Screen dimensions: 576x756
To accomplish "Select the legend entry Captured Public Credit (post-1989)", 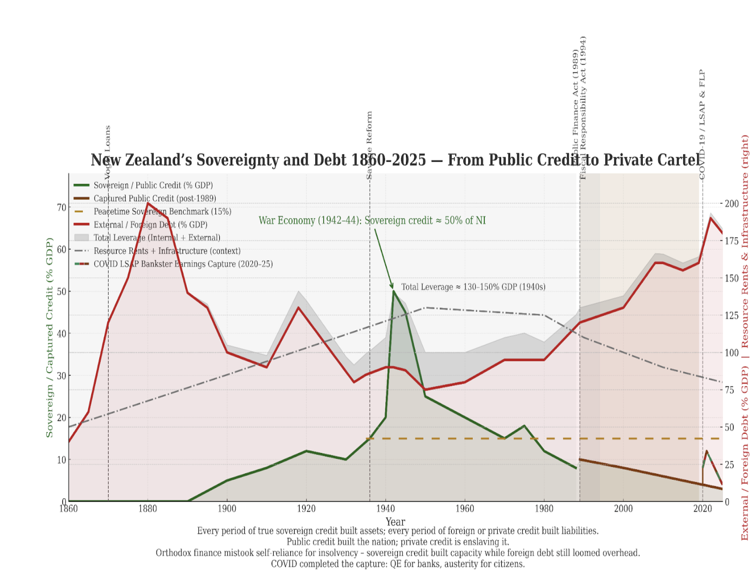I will point(155,198).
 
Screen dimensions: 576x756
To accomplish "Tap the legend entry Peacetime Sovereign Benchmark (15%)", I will point(162,211).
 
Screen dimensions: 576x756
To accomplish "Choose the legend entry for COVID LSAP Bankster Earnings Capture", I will point(183,264).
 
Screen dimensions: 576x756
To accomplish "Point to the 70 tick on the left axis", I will point(62,207).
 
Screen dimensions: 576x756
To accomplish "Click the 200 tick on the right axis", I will point(732,203).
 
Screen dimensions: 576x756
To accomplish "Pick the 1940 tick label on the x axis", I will point(385,509).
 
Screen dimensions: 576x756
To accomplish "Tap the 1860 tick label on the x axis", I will point(69,509).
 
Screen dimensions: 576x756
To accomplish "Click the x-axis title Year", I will point(395,521).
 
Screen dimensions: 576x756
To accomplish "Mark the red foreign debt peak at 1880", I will point(148,203).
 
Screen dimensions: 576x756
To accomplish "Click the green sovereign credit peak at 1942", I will point(393,290).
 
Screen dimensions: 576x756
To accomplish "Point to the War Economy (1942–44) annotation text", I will point(372,220).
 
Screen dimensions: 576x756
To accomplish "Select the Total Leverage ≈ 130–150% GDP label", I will point(473,287).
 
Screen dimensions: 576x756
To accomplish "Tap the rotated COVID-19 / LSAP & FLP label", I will point(702,125).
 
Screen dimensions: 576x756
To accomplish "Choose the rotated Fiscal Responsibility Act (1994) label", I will point(583,107).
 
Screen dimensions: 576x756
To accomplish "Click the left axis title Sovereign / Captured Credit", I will point(49,338).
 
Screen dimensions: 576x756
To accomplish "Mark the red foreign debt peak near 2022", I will point(711,217).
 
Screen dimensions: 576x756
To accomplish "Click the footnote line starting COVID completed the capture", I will point(397,564).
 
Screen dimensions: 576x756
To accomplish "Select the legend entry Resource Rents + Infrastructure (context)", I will point(167,251).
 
